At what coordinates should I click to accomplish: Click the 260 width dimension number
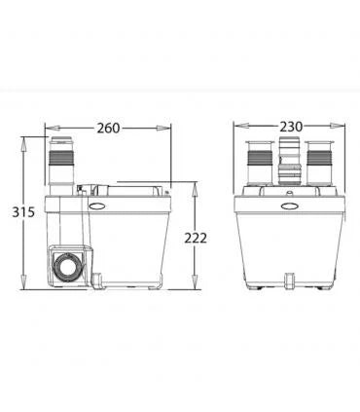[108, 127]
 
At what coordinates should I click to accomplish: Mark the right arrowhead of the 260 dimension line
[171, 127]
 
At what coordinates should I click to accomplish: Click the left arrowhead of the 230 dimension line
[236, 127]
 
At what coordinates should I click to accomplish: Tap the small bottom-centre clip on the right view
[289, 281]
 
